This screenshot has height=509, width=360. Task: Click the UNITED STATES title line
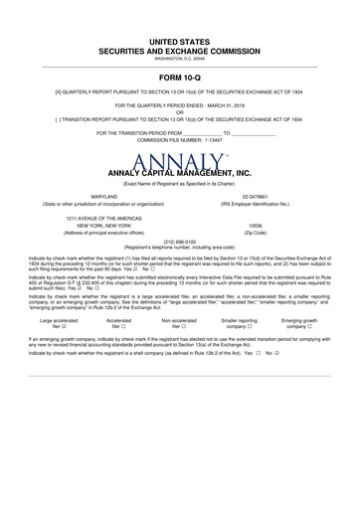click(179, 42)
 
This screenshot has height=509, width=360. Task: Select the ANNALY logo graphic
click(179, 162)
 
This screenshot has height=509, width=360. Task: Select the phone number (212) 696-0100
click(179, 241)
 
